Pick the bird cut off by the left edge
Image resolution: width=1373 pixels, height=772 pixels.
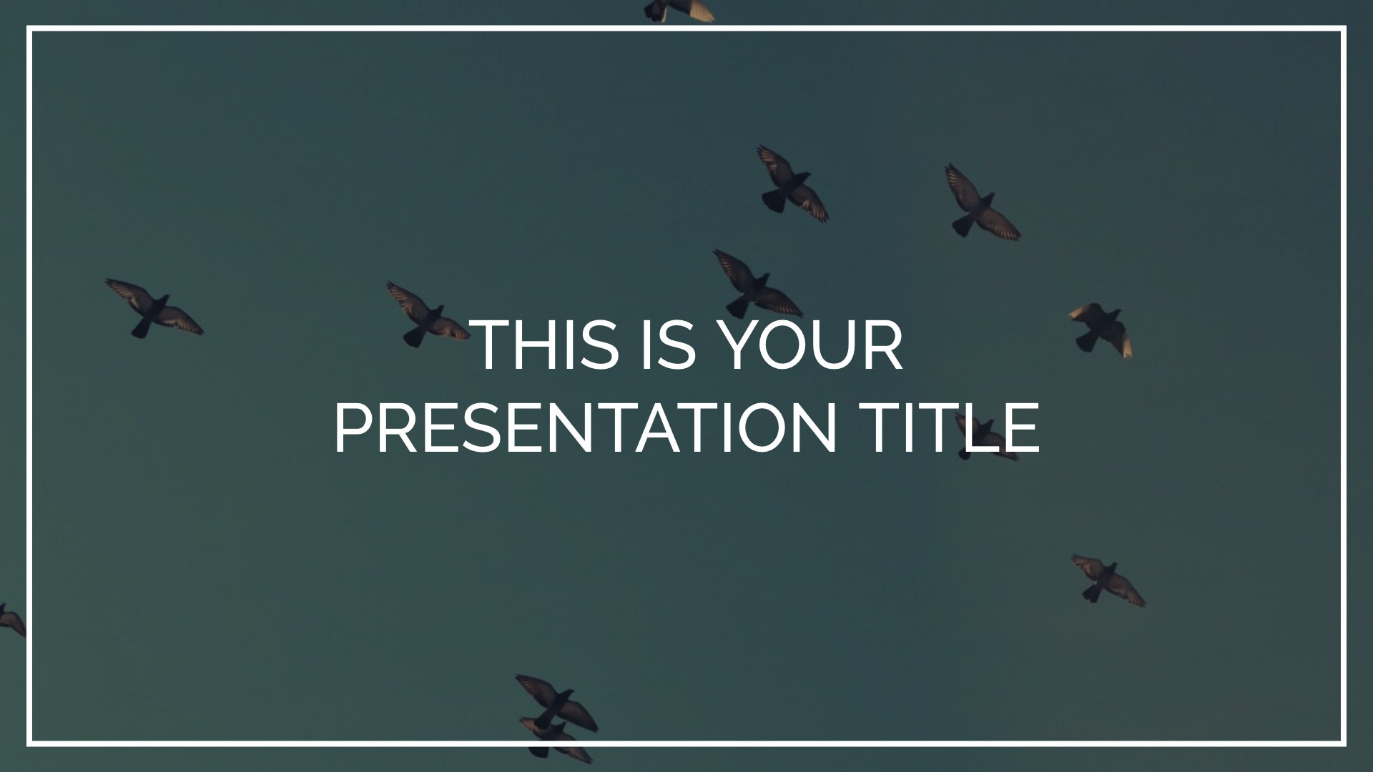[x=11, y=619]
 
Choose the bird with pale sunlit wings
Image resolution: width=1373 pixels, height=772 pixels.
[x=1101, y=329]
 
